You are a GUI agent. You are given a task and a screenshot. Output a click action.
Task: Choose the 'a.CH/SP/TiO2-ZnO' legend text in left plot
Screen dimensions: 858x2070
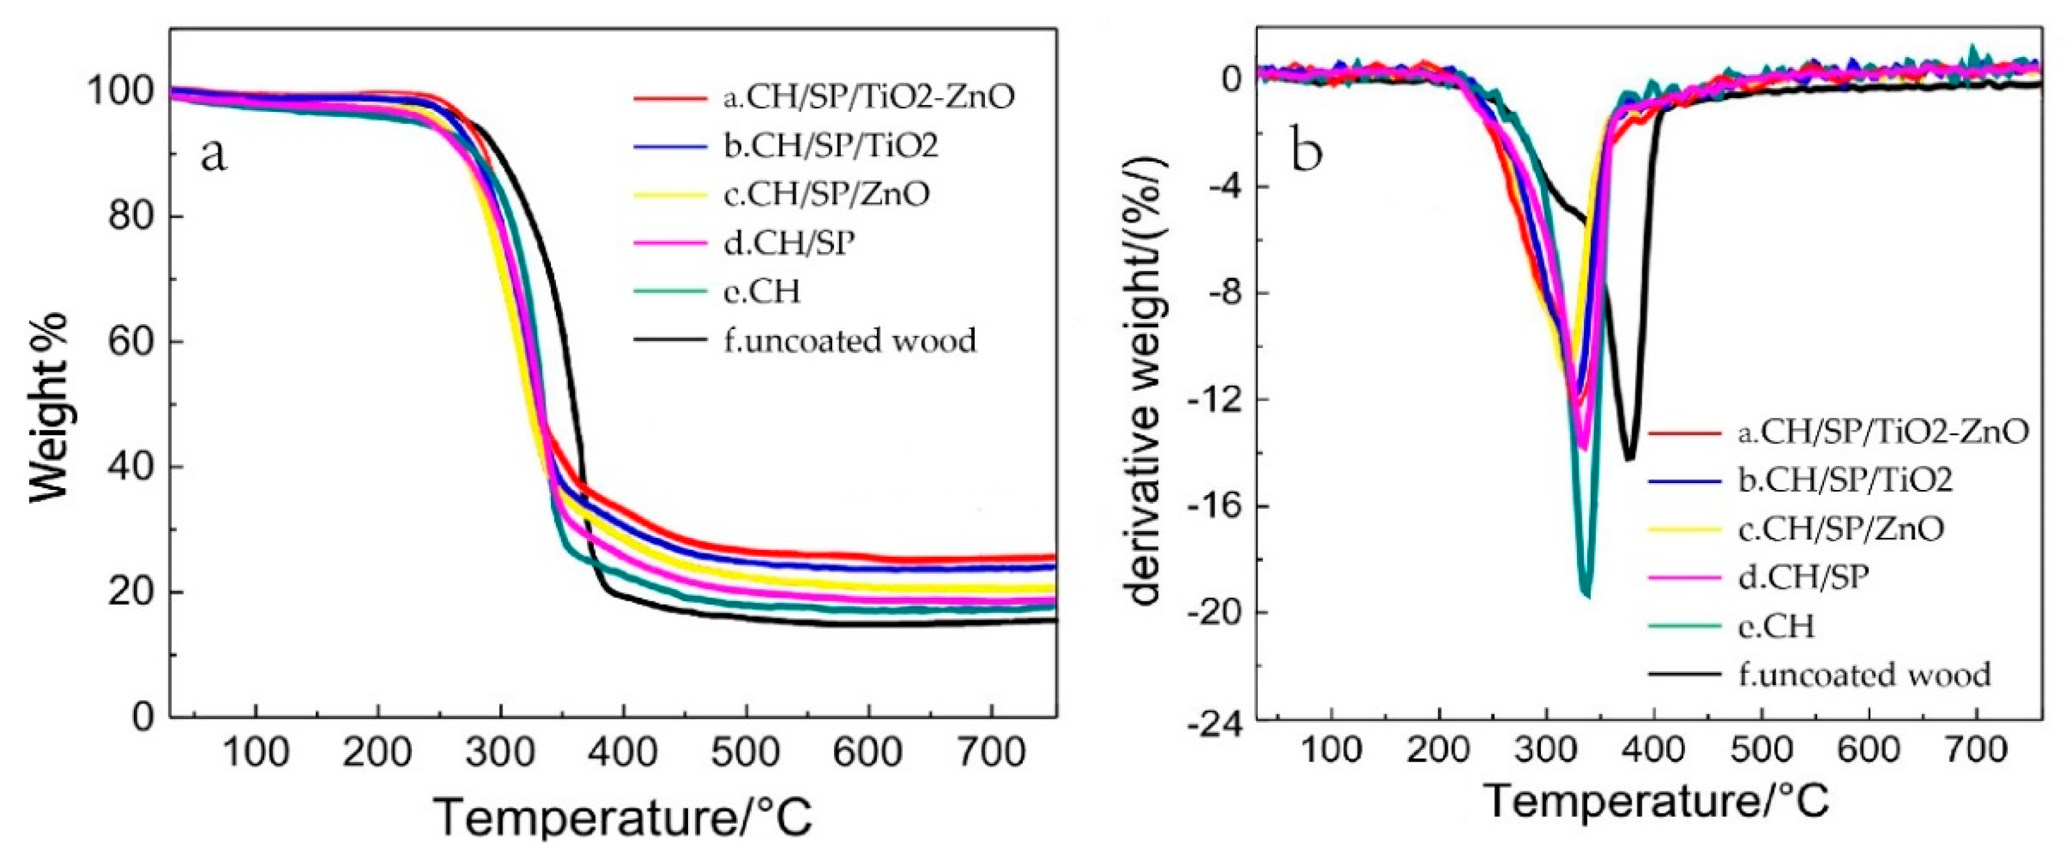pyautogui.click(x=868, y=96)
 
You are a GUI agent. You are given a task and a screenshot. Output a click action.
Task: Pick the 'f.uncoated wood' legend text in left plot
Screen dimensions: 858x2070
pyautogui.click(x=849, y=341)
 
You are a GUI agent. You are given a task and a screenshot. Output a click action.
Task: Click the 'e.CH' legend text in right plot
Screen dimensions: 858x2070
pyautogui.click(x=1776, y=626)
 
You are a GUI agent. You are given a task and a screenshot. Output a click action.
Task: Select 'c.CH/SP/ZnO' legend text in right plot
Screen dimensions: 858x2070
pyautogui.click(x=1841, y=528)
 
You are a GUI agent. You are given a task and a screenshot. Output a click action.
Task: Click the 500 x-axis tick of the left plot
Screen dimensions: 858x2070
pyautogui.click(x=746, y=752)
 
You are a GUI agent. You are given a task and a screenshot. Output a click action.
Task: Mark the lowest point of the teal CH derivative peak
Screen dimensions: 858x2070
pyautogui.click(x=1586, y=594)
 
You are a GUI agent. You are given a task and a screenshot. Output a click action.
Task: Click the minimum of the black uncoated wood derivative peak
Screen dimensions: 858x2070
pyautogui.click(x=1630, y=459)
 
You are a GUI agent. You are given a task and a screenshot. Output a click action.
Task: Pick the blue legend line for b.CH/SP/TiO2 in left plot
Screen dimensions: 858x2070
pyautogui.click(x=669, y=146)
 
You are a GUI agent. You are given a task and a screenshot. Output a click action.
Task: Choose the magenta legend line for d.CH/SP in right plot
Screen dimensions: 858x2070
pyautogui.click(x=1685, y=577)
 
